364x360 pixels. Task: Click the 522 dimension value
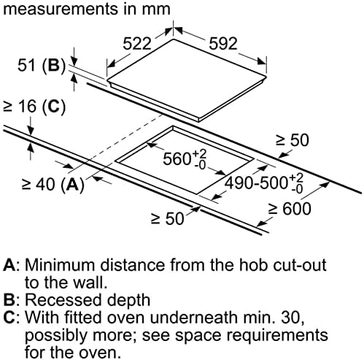(137, 44)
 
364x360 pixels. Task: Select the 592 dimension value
(223, 44)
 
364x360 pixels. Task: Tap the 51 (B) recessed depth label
(42, 66)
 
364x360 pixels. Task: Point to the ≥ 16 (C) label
(34, 107)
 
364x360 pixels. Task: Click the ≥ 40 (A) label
(53, 185)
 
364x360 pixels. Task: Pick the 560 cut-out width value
(185, 158)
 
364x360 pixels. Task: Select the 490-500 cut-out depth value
(264, 183)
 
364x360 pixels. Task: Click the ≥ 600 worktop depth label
(290, 209)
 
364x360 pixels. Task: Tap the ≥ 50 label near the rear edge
(292, 140)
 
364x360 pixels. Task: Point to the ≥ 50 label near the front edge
(167, 218)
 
